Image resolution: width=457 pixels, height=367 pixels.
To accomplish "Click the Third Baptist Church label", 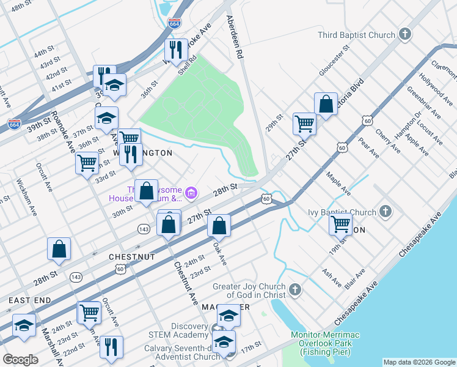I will tap(356, 35).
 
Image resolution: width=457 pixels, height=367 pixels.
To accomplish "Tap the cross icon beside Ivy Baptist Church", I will tap(385, 212).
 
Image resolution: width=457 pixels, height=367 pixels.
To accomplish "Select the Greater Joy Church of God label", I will tap(249, 291).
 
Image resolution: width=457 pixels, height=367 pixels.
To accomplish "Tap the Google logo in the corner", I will tap(21, 360).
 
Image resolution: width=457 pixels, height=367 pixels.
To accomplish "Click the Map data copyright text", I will tap(419, 362).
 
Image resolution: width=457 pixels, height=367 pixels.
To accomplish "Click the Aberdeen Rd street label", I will tap(235, 37).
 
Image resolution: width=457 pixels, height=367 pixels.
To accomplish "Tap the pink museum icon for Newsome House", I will tap(191, 194).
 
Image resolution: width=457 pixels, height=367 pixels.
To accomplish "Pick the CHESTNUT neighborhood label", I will tap(131, 256).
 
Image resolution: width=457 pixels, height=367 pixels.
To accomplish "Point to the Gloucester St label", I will tap(334, 60).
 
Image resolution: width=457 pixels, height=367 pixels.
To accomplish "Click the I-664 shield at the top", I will tap(175, 23).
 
